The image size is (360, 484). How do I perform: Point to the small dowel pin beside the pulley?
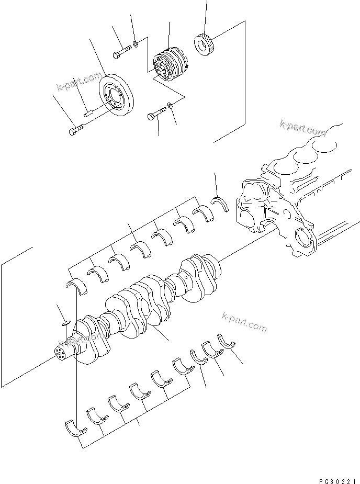coord(88,110)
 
